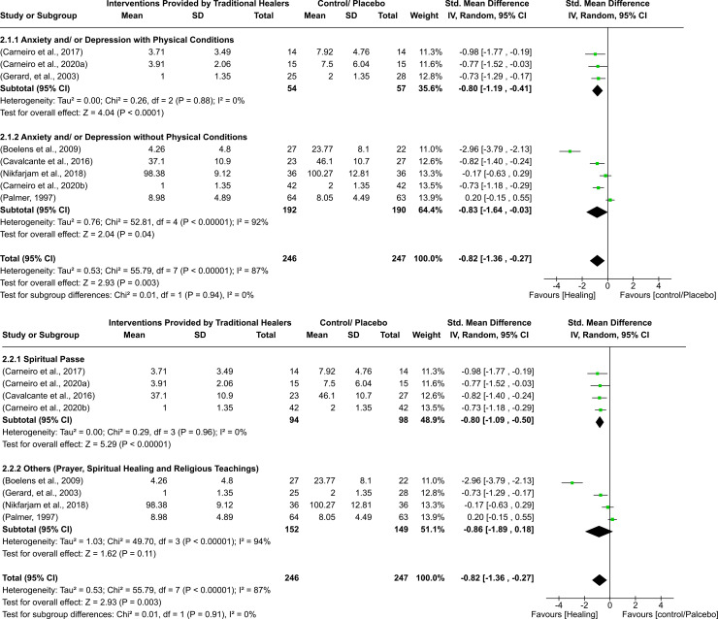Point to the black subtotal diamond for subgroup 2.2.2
(x=601, y=532)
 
